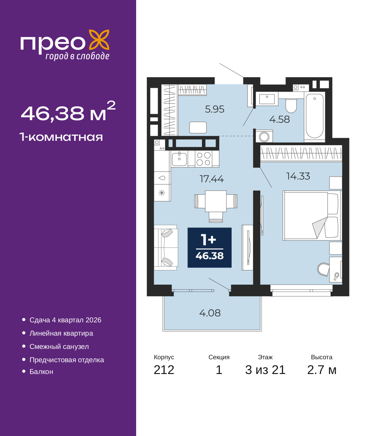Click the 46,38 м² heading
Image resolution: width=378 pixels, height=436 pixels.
click(x=68, y=112)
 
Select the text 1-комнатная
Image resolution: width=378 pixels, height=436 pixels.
click(x=61, y=137)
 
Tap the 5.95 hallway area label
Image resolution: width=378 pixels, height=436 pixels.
click(x=215, y=109)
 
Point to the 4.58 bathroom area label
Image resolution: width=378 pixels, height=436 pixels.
click(x=279, y=120)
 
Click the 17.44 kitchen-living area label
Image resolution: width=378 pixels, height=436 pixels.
click(x=212, y=179)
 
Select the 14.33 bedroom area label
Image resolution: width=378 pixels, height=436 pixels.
click(x=298, y=176)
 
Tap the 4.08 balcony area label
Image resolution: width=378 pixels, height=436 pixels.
click(x=210, y=313)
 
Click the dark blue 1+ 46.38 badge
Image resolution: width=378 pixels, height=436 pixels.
click(x=209, y=248)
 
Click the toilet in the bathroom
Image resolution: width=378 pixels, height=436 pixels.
click(x=291, y=105)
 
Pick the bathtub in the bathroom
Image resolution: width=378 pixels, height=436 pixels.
click(x=315, y=116)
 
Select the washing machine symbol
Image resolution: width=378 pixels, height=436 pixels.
click(x=264, y=137)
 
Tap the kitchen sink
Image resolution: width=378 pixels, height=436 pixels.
click(x=179, y=159)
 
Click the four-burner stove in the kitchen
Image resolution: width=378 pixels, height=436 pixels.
click(x=203, y=159)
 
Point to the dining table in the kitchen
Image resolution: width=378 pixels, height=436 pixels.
click(x=216, y=201)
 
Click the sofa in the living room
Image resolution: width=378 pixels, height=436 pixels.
click(x=166, y=248)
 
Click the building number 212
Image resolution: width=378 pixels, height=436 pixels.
click(x=164, y=370)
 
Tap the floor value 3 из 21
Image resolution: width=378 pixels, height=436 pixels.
click(x=265, y=370)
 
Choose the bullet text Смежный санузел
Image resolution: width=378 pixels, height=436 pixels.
click(x=59, y=347)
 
